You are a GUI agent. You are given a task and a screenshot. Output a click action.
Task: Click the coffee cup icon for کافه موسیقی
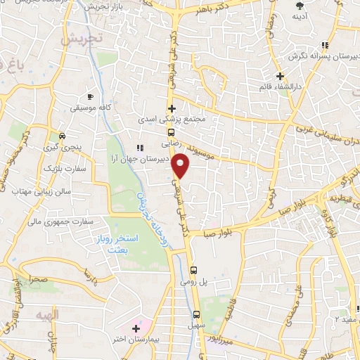pyautogui.click(x=90, y=97)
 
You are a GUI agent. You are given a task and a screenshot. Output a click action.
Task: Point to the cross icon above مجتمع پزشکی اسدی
pyautogui.click(x=171, y=108)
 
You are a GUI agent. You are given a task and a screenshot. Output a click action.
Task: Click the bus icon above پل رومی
pyautogui.click(x=195, y=268)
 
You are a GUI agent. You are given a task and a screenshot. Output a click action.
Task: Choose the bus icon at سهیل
pyautogui.click(x=197, y=314)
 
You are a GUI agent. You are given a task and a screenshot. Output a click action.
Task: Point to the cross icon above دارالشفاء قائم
pyautogui.click(x=280, y=76)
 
